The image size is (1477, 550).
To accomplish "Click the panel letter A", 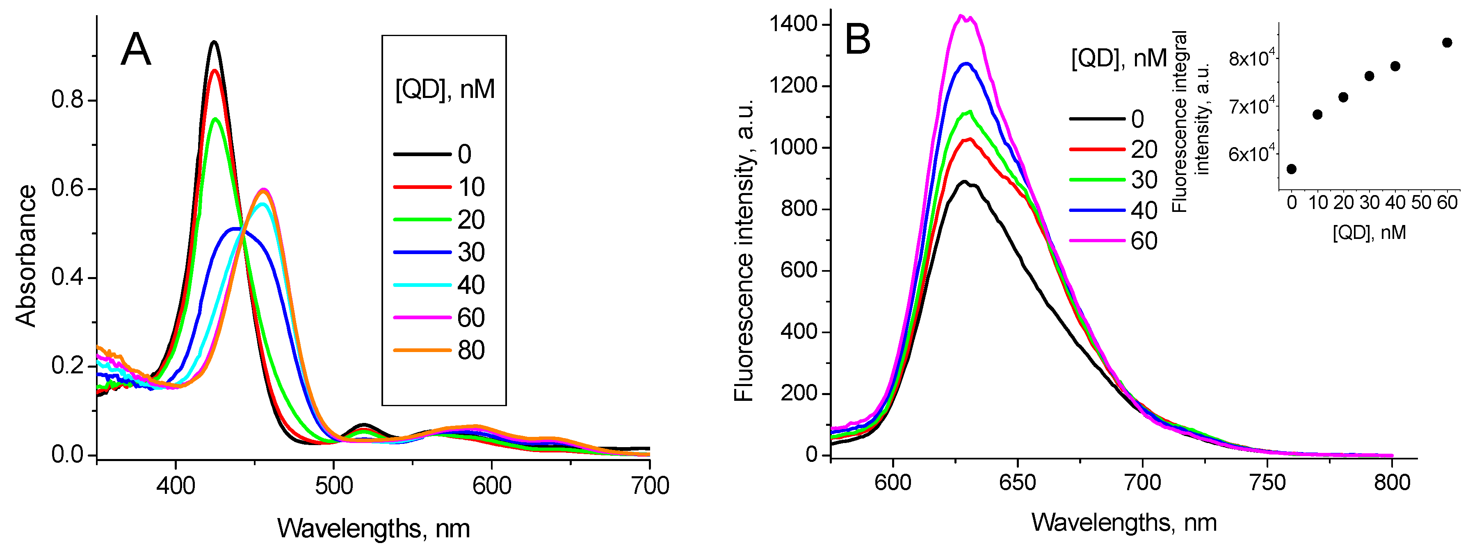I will [136, 50].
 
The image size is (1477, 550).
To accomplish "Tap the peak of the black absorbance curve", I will [215, 42].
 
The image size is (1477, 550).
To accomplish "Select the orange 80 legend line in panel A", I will [422, 350].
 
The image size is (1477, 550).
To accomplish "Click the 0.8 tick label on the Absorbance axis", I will [67, 100].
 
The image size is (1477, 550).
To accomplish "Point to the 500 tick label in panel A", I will [334, 486].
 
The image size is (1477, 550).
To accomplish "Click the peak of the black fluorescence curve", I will [964, 182].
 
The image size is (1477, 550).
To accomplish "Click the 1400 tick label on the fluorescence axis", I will [794, 24].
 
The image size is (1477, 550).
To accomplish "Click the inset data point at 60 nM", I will [1447, 42].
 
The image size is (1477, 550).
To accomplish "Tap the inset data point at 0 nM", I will [1292, 169].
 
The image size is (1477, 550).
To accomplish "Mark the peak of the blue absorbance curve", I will [235, 229].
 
